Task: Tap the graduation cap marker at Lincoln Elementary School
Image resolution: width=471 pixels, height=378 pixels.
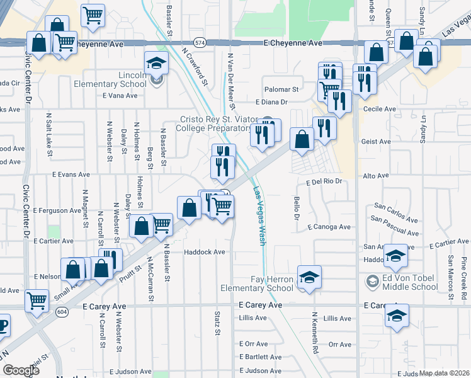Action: [x=156, y=64]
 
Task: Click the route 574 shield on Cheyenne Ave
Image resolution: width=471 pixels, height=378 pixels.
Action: [x=200, y=43]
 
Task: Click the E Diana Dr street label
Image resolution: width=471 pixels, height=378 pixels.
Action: [x=271, y=101]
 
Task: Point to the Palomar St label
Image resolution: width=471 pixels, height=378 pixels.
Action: [x=281, y=89]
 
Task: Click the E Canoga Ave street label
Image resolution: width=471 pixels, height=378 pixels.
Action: [x=329, y=227]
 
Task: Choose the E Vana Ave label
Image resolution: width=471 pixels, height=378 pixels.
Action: [x=120, y=96]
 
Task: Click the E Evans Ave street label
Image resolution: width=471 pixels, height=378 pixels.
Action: [x=71, y=175]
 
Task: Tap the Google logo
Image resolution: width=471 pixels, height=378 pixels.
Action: [x=21, y=370]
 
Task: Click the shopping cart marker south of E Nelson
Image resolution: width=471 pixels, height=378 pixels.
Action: [x=37, y=301]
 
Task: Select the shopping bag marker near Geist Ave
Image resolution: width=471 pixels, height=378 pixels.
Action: [x=302, y=139]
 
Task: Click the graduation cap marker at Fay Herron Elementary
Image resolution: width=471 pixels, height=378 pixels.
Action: [x=309, y=277]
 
